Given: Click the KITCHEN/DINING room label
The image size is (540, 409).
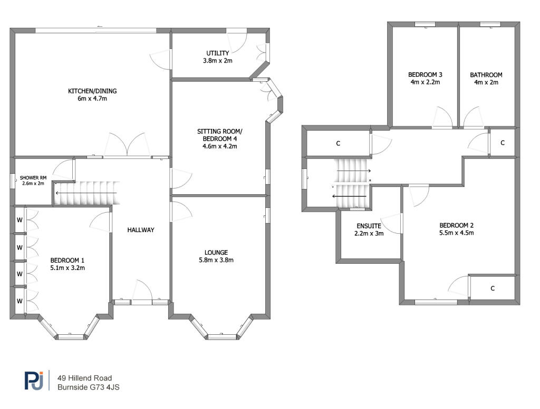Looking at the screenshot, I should coord(92,91).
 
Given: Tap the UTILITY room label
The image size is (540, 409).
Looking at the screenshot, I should coord(217,53).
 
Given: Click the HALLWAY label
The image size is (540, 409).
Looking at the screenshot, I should coord(140,230).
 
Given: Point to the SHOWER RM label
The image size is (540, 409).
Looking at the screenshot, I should coord(32,178).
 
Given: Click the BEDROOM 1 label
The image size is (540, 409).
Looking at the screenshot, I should coord(67,260).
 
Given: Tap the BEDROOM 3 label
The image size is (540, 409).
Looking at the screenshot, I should coord(425,75).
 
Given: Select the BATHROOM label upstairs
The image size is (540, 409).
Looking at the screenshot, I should coord(486,75).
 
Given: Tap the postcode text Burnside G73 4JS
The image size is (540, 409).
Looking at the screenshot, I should coord(90,387).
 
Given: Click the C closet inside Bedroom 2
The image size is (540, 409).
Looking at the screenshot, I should coord(492,288).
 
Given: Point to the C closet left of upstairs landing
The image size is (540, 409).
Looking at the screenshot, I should coord(337,143).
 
